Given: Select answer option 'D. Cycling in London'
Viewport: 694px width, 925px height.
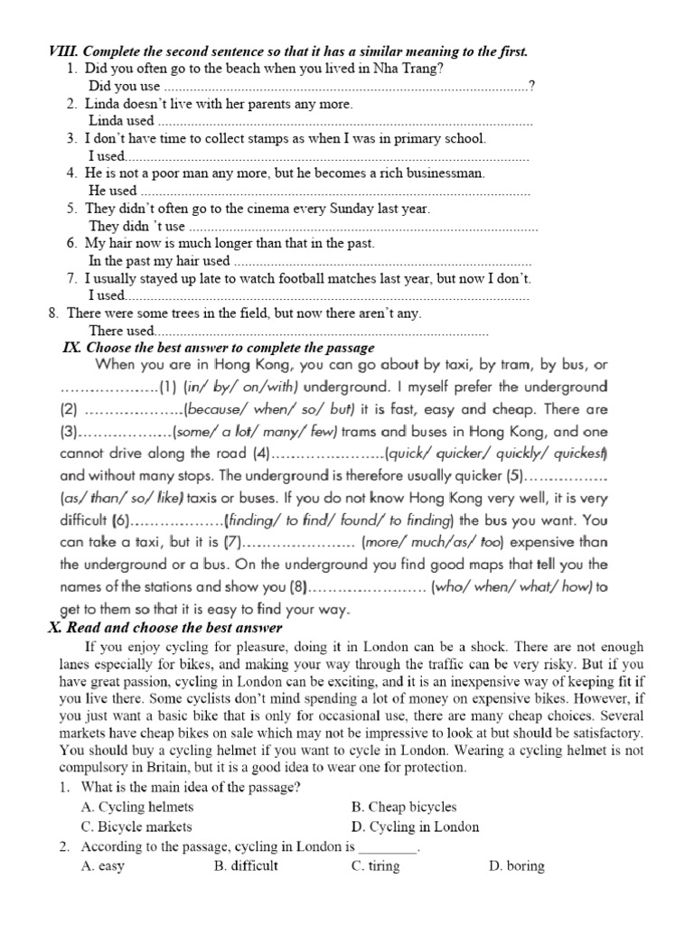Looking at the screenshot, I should [x=416, y=827].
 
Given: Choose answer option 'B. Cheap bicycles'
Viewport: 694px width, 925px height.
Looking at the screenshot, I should [x=404, y=807].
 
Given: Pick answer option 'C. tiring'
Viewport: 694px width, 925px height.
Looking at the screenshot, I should [x=375, y=866].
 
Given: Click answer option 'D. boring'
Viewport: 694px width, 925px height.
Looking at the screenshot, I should [x=516, y=866].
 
